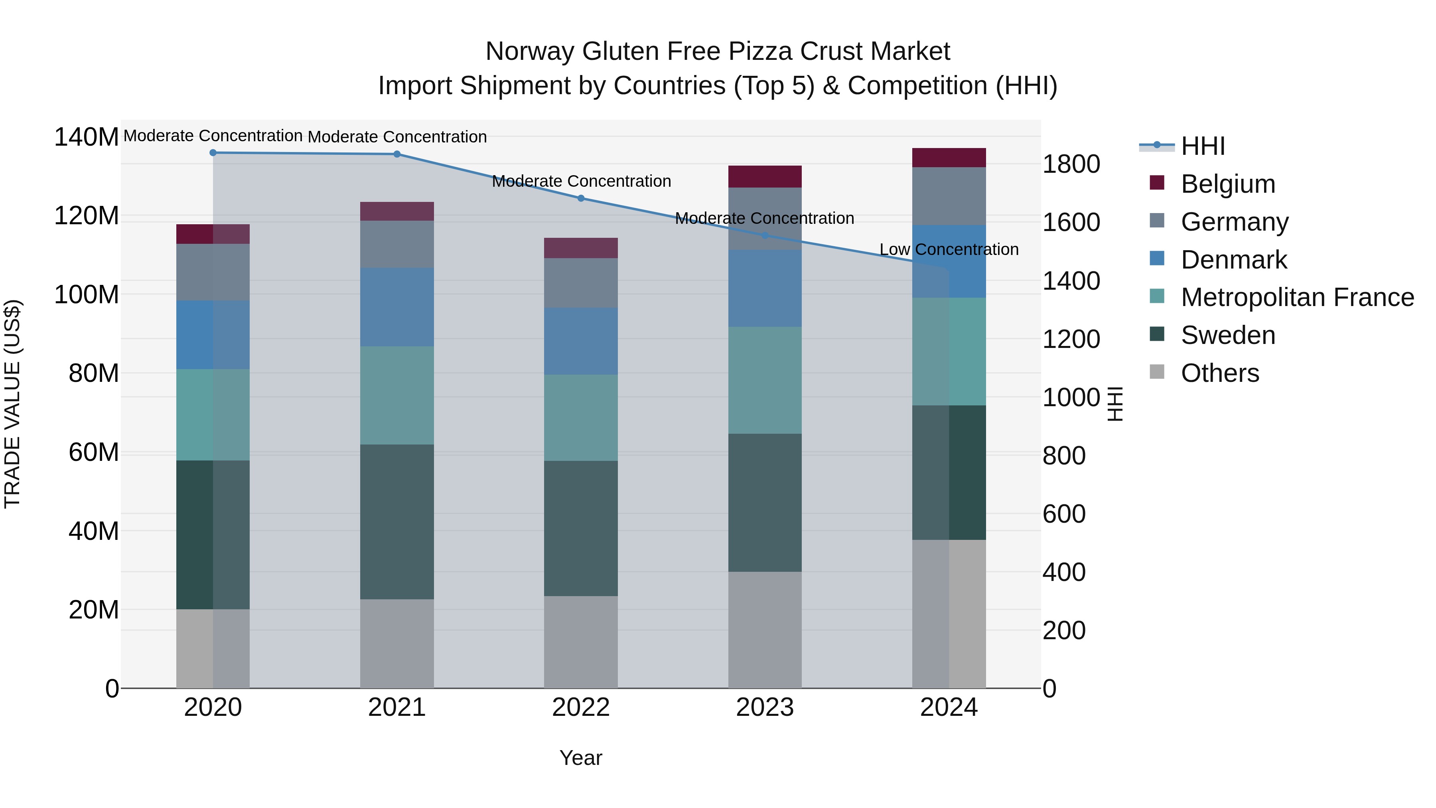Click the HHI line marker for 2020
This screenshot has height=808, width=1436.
point(213,153)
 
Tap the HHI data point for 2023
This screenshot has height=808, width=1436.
point(765,235)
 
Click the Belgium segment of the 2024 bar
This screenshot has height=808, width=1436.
point(949,158)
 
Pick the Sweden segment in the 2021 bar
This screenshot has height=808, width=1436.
point(397,522)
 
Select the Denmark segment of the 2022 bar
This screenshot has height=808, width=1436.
point(581,341)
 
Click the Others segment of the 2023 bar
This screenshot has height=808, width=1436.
point(765,630)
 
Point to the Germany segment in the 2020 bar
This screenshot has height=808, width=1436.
point(213,272)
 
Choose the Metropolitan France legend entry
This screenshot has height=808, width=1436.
point(1297,297)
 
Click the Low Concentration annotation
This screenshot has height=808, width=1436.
point(949,249)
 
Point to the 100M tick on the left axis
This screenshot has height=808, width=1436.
point(87,294)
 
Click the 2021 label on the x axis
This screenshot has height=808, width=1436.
point(397,707)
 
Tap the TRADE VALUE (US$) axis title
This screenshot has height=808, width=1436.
point(12,404)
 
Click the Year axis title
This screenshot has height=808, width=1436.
point(581,758)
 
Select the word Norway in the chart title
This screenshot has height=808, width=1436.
point(530,51)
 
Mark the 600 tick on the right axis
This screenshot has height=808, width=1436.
point(1063,514)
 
